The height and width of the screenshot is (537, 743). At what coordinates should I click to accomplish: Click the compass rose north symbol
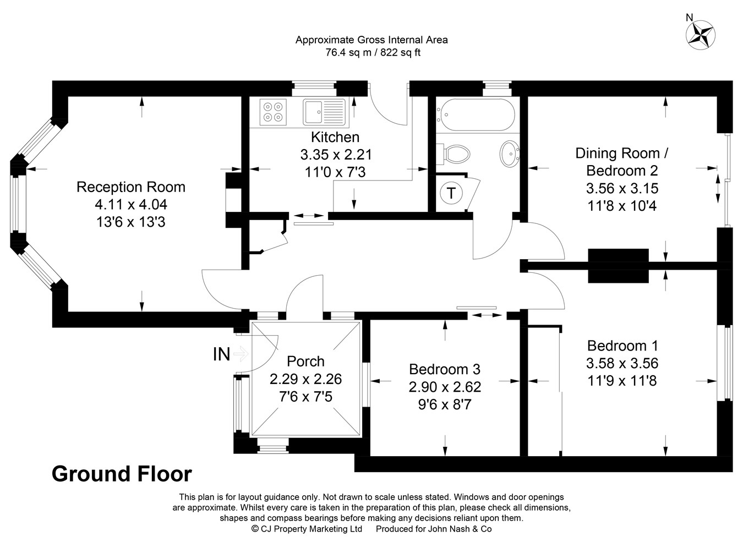[x=701, y=34]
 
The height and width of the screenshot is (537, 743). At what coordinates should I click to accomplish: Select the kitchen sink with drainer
[x=323, y=112]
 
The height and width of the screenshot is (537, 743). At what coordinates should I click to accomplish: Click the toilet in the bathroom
[x=455, y=154]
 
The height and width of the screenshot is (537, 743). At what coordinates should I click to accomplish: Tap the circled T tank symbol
[x=451, y=193]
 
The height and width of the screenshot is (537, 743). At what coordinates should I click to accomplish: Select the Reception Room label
[x=130, y=187]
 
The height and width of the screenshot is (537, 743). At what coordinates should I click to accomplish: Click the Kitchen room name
[x=335, y=137]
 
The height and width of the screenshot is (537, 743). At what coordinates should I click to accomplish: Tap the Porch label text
[x=305, y=361]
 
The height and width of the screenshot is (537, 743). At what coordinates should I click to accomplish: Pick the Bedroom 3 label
[x=445, y=369]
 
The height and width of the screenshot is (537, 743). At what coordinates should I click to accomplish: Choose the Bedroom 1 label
[x=622, y=346]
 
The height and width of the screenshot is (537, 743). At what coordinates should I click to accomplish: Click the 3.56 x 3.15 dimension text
[x=622, y=188]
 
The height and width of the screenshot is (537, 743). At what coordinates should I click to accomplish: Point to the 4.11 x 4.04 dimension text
[x=130, y=205]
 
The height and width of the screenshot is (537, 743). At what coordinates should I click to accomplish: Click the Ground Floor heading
[x=122, y=474]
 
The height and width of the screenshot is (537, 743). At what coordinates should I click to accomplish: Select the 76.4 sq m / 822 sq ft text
[x=371, y=53]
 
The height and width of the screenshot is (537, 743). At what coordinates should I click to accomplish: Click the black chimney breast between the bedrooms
[x=618, y=266]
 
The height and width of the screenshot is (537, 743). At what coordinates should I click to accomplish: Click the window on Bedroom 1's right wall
[x=728, y=363]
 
